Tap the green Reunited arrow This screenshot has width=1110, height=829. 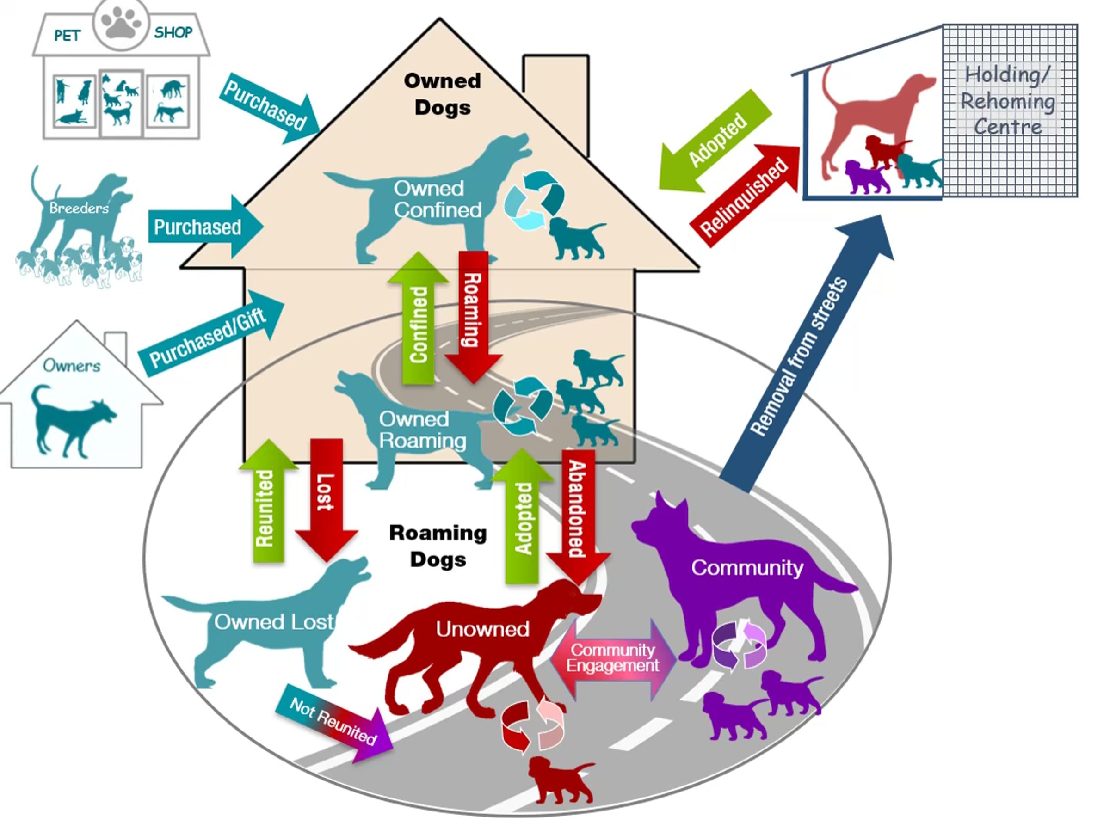point(268,501)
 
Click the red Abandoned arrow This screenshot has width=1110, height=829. point(578,516)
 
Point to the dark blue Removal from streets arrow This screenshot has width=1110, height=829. point(808,354)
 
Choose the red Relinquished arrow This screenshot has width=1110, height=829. point(745,196)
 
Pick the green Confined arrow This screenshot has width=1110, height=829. point(418,319)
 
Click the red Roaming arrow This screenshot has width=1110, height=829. point(473,317)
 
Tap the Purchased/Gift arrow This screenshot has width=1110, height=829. point(211,333)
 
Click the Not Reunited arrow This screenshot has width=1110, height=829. point(334,723)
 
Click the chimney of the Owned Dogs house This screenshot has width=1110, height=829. point(556,95)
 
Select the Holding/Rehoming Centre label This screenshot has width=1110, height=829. point(1008,100)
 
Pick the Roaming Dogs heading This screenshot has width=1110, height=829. point(438,546)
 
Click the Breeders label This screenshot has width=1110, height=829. point(79,208)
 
